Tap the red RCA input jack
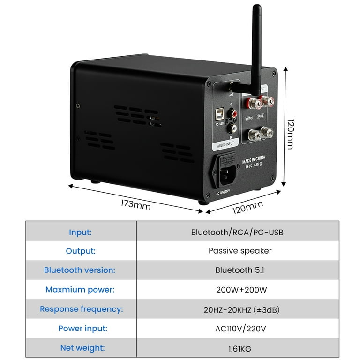[x=233, y=112]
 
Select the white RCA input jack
[x=232, y=127]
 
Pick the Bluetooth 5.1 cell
[x=237, y=270]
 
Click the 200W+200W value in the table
[x=237, y=290]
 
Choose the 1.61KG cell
[x=237, y=348]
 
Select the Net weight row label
[x=82, y=348]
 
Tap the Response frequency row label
[x=82, y=309]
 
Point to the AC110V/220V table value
[x=237, y=329]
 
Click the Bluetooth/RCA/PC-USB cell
[x=237, y=232]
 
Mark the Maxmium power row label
[x=80, y=289]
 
